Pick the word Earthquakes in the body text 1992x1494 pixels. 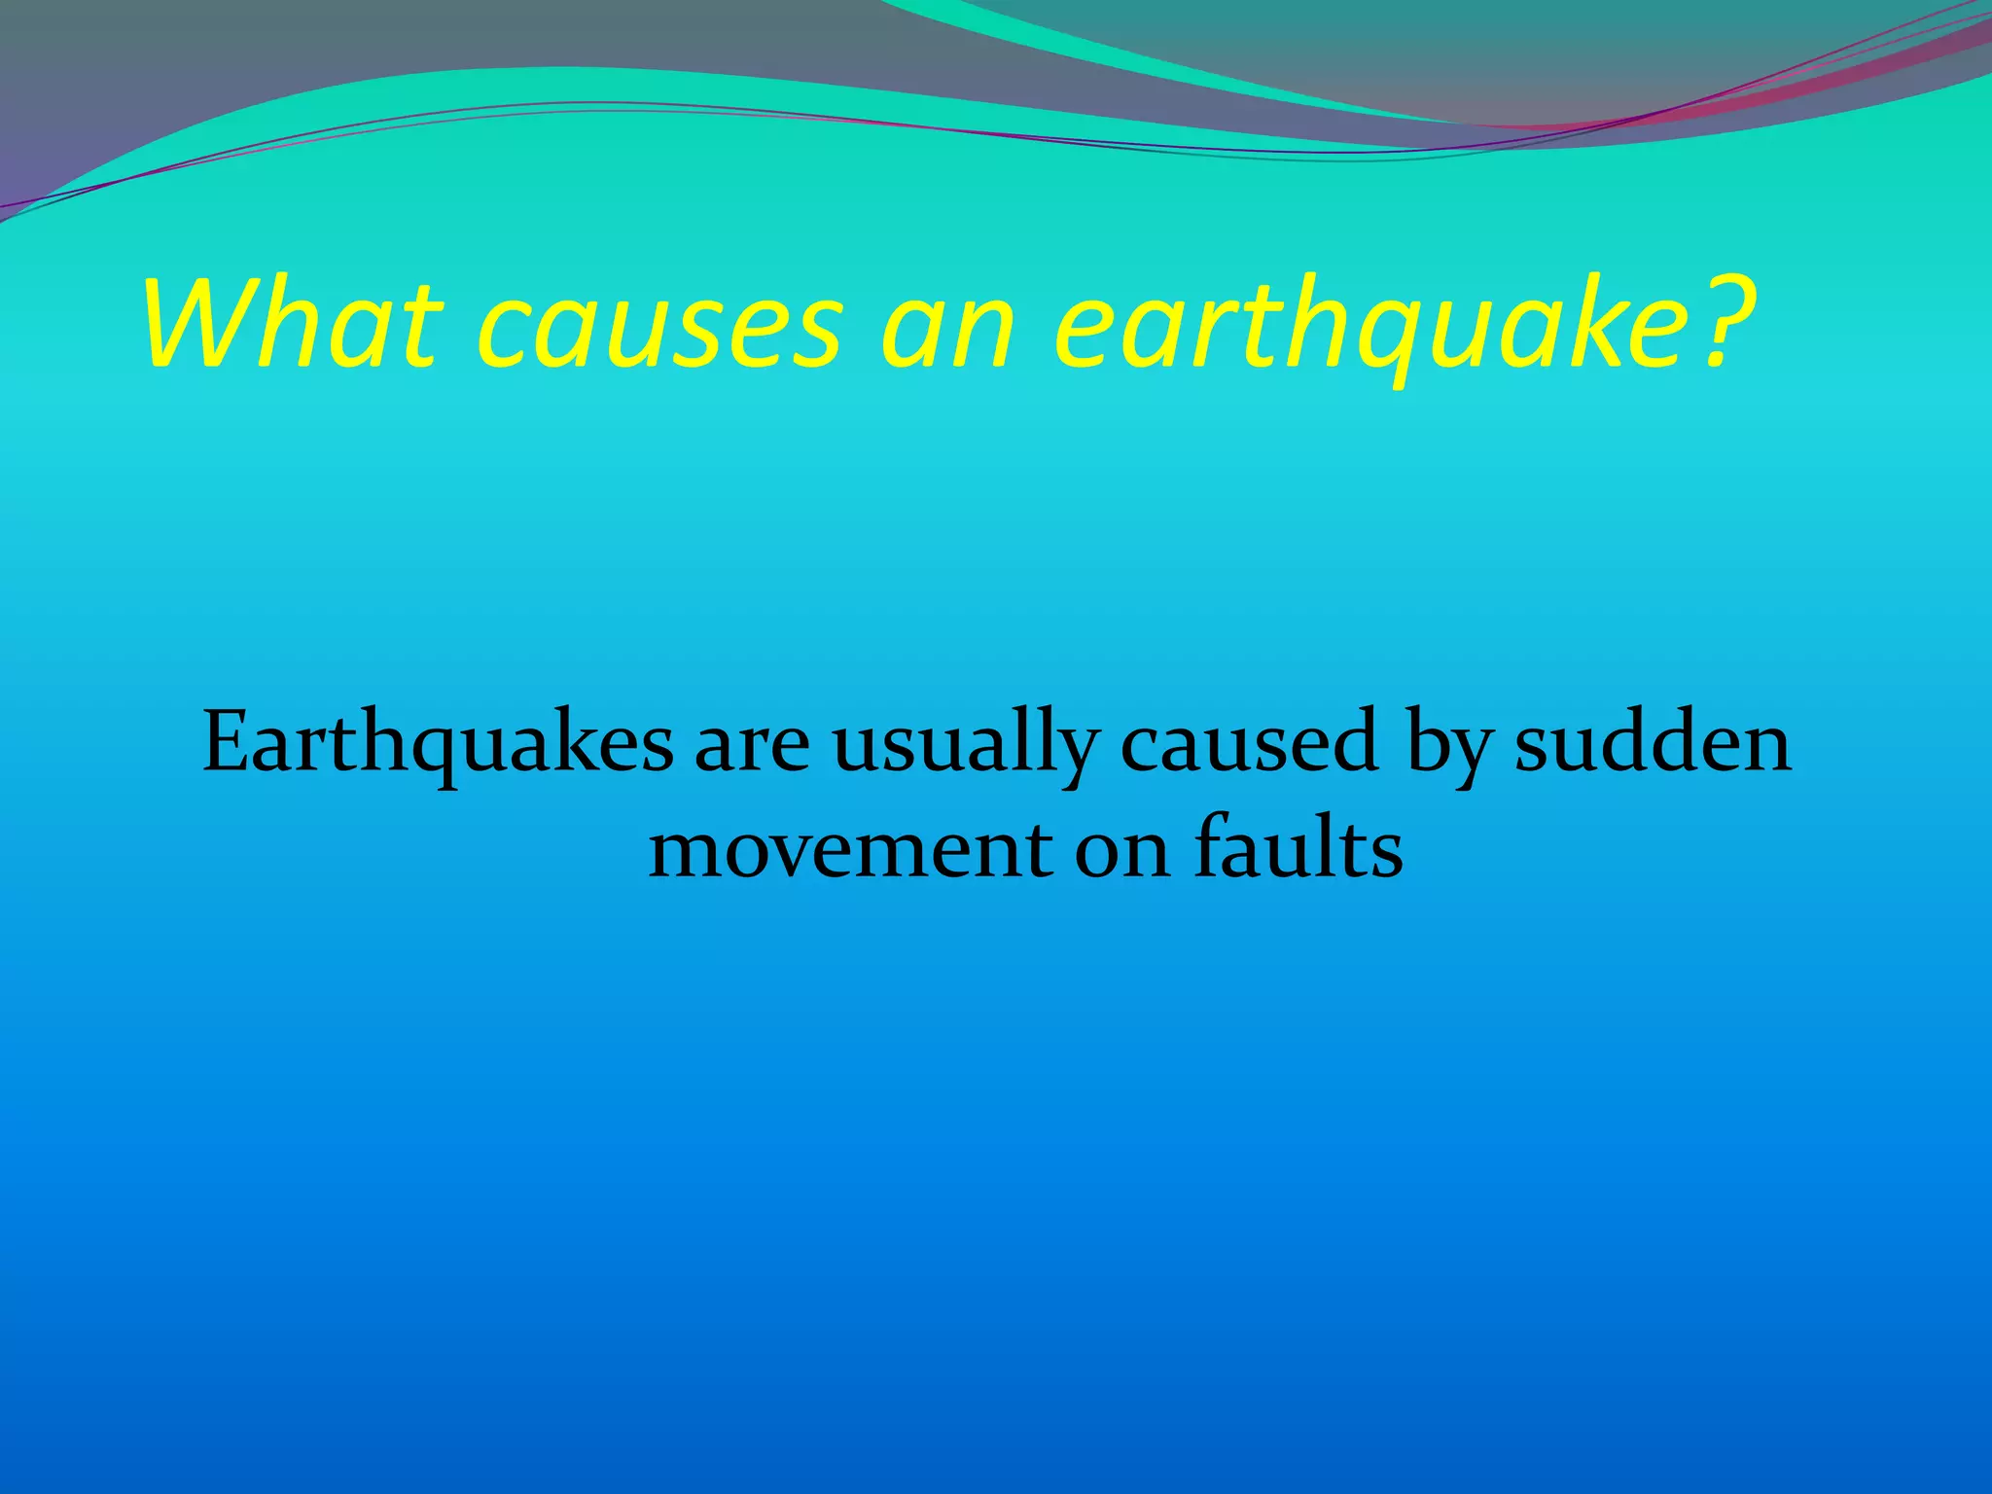click(437, 744)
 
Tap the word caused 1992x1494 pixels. click(1250, 744)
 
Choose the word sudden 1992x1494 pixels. click(1653, 744)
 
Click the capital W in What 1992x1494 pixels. click(199, 322)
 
